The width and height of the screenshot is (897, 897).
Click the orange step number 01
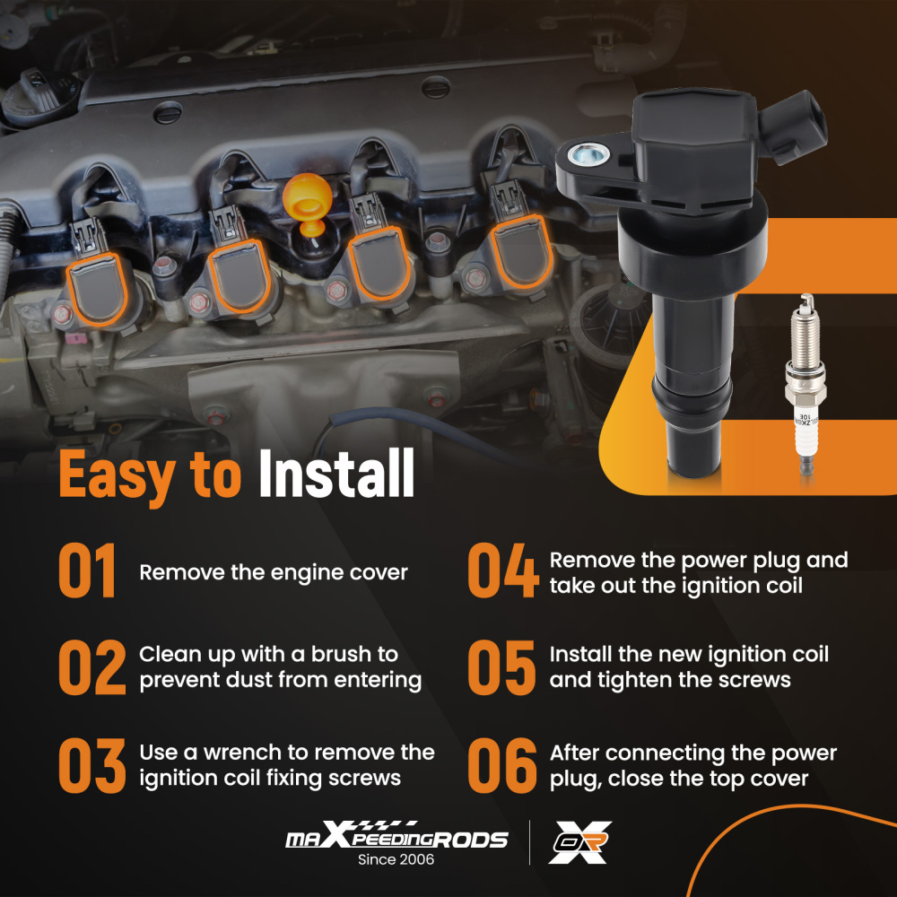(x=88, y=570)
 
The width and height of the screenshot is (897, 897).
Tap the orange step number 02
(x=92, y=667)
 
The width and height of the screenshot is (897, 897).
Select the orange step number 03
(x=92, y=765)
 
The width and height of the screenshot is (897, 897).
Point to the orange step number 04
(x=503, y=570)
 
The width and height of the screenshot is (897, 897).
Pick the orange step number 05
(x=501, y=667)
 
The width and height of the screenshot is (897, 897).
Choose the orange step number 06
(x=502, y=765)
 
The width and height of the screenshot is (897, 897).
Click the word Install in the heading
(x=336, y=473)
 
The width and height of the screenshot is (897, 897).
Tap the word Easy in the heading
(x=118, y=476)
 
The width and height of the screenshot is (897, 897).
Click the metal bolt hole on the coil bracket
(x=588, y=153)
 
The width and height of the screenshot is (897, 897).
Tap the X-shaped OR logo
(x=579, y=841)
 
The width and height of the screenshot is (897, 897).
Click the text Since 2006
(x=396, y=859)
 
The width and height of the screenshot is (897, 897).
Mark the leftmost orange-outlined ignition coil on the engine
(x=97, y=289)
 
